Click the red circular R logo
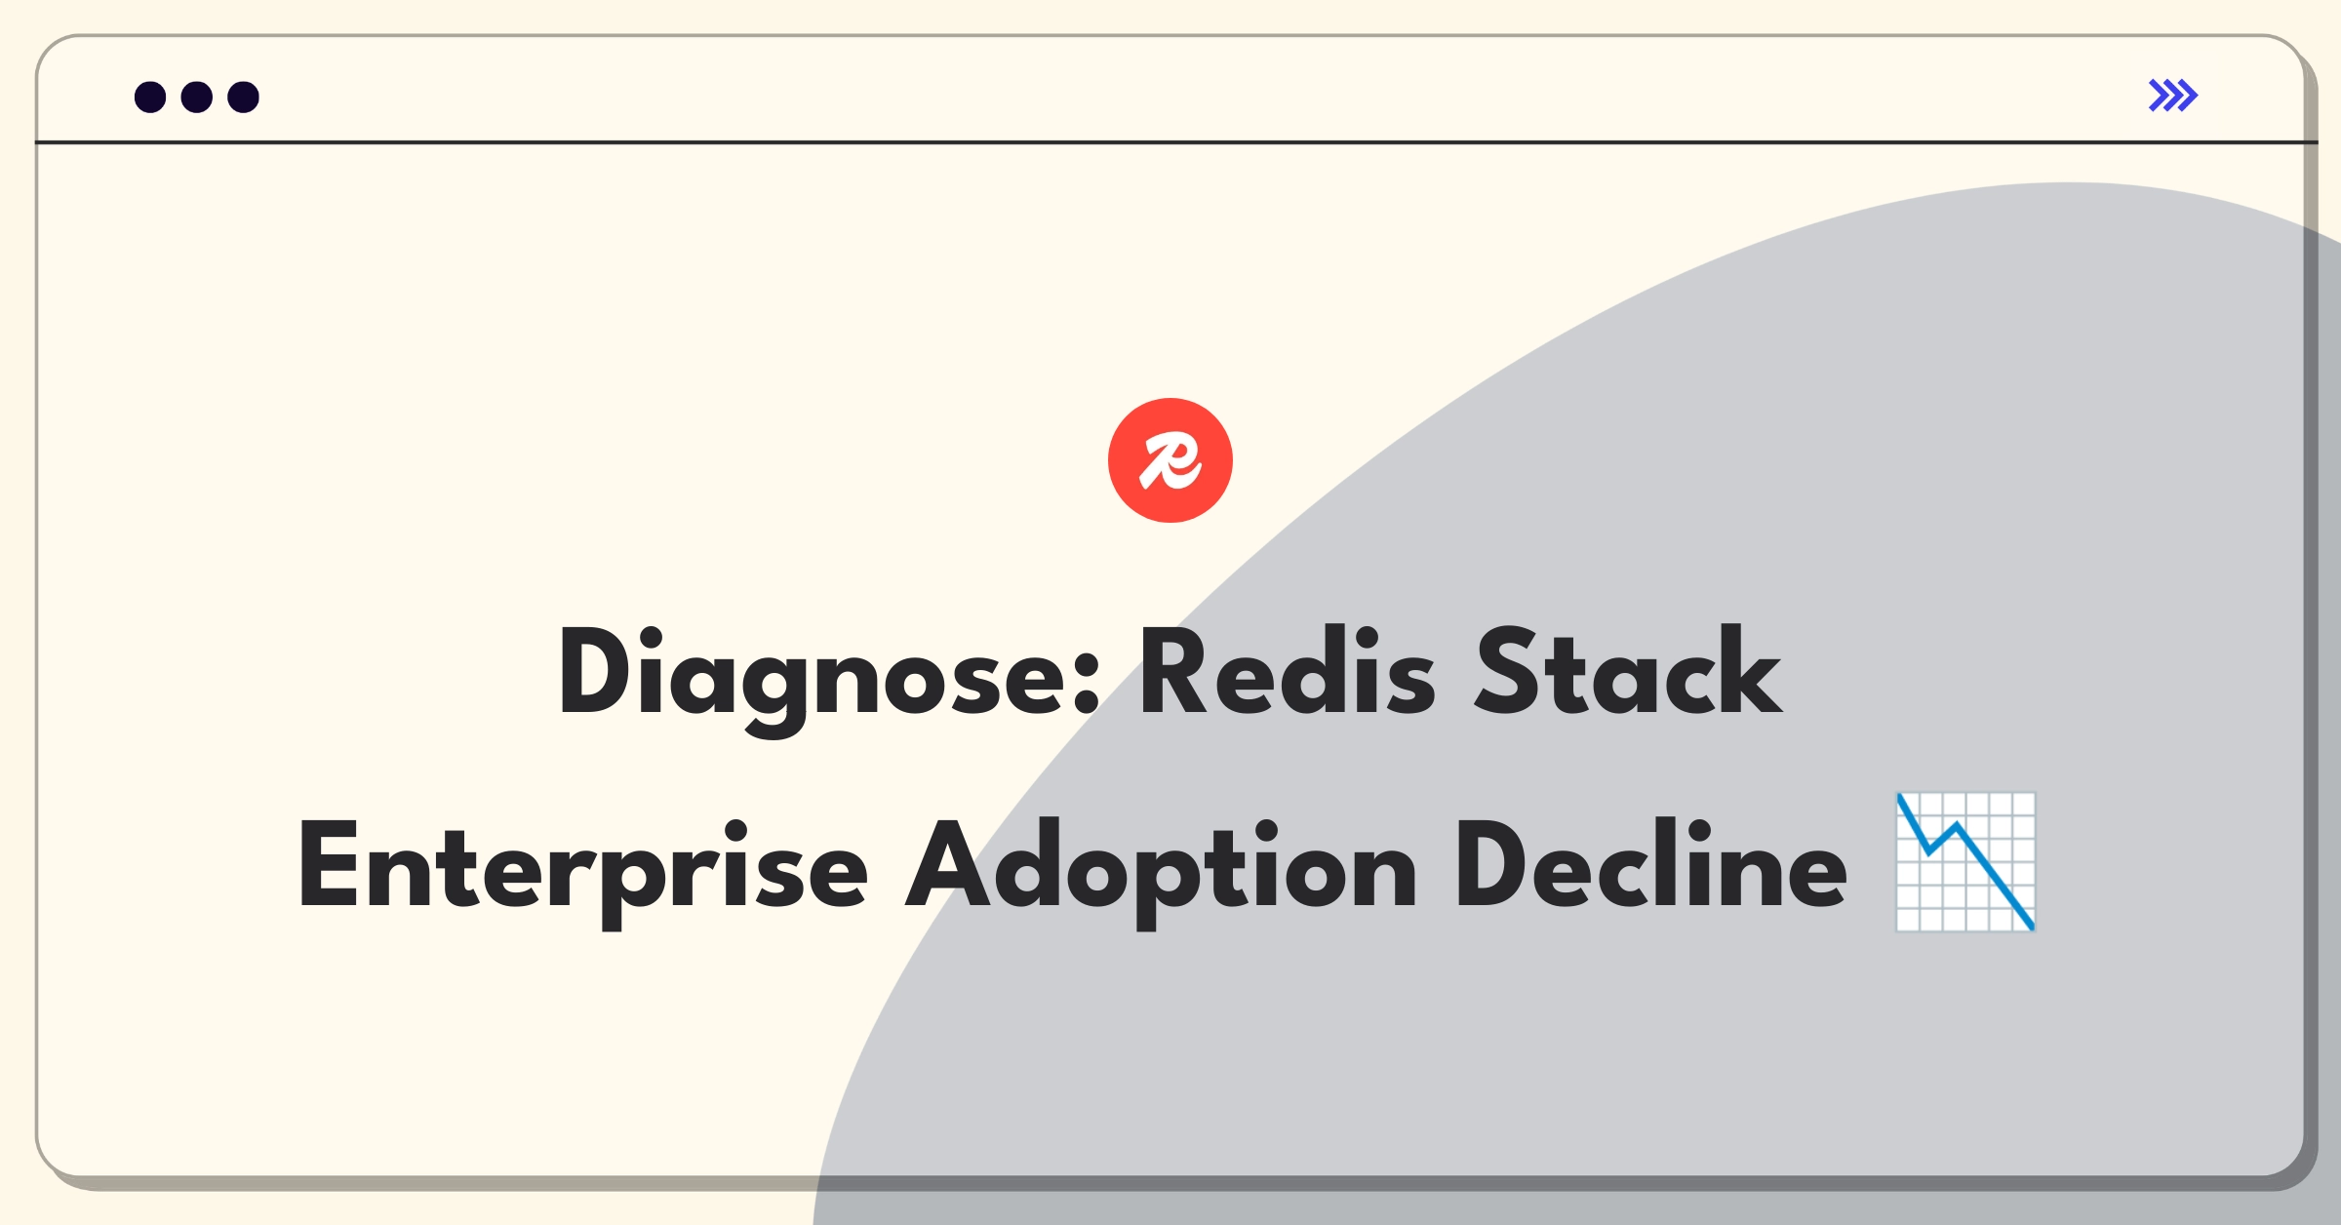coord(1170,460)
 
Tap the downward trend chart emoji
coord(1965,862)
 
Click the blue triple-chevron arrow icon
coord(2173,96)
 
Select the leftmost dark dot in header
coord(150,97)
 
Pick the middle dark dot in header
coord(197,97)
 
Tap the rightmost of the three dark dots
coord(243,97)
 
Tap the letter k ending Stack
coord(1750,670)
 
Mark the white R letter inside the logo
coord(1170,460)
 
